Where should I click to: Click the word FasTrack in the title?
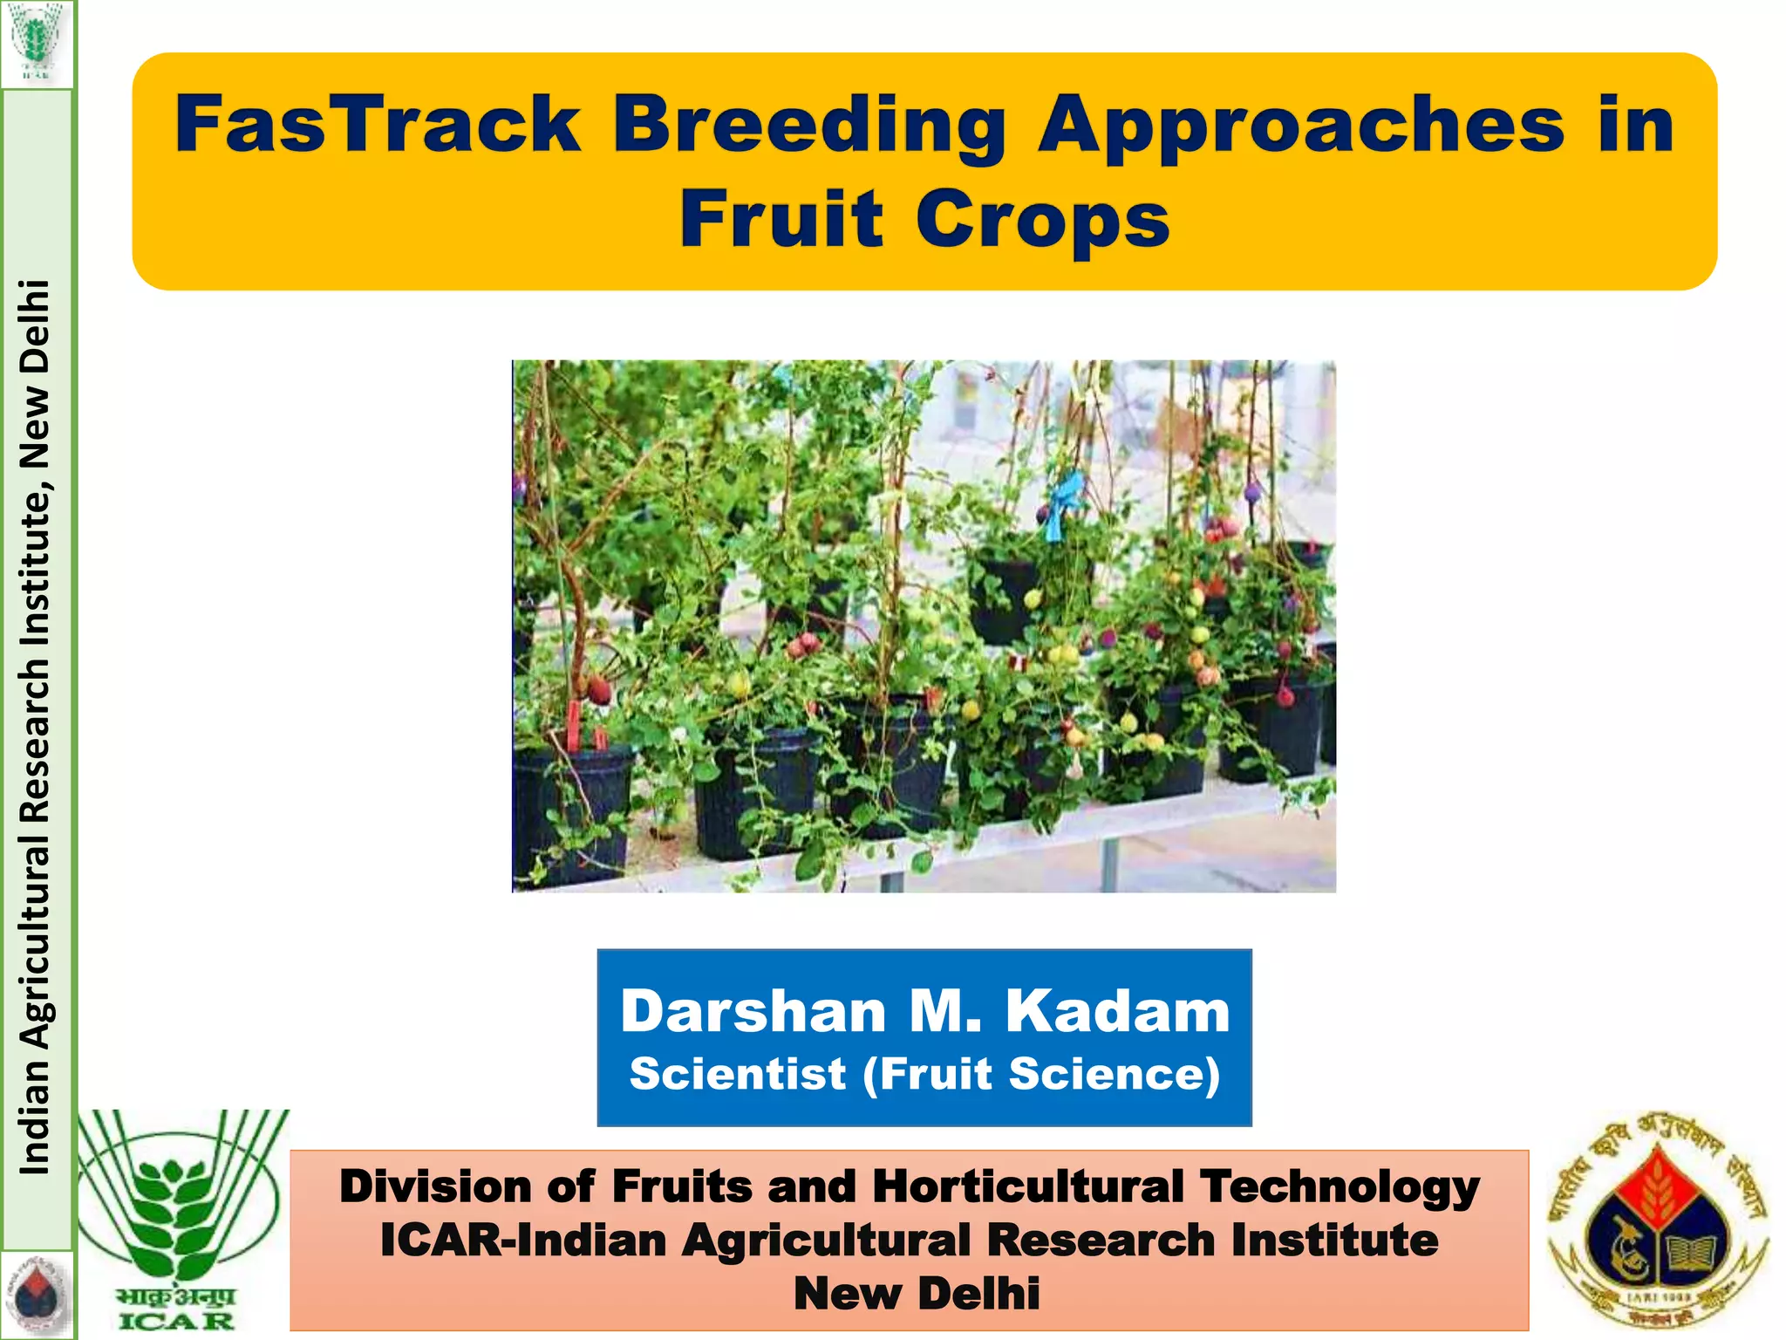pyautogui.click(x=377, y=125)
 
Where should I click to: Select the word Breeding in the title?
pyautogui.click(x=809, y=126)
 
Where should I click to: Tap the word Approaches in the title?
pyautogui.click(x=1301, y=126)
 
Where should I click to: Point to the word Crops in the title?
pyautogui.click(x=1042, y=219)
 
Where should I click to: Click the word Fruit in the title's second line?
pyautogui.click(x=781, y=219)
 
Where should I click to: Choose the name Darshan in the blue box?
pyautogui.click(x=753, y=1012)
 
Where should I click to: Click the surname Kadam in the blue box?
pyautogui.click(x=1117, y=1012)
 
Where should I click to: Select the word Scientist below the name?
pyautogui.click(x=738, y=1074)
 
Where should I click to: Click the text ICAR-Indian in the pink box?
pyautogui.click(x=522, y=1241)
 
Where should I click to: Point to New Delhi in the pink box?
pyautogui.click(x=917, y=1294)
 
